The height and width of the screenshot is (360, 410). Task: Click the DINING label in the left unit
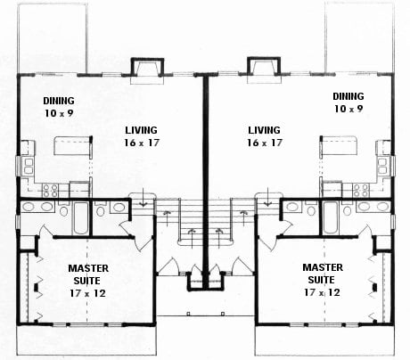59,101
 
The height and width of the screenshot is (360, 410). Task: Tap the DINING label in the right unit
348,96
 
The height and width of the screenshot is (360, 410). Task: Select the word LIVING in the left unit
141,130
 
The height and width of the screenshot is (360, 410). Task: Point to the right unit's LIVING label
264,130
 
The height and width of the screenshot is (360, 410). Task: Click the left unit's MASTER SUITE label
88,274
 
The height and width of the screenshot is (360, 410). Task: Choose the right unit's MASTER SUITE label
323,274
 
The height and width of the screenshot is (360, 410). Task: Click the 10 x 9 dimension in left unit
59,113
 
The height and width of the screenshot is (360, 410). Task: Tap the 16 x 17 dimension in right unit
265,143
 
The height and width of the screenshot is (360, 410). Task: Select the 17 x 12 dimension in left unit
87,293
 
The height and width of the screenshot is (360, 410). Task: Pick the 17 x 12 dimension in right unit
322,292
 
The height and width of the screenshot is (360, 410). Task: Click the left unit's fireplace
147,70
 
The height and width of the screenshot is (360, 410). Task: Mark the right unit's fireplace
264,70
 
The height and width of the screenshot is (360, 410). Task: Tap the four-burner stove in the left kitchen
50,191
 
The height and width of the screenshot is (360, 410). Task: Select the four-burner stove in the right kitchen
361,191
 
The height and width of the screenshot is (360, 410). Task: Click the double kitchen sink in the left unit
29,166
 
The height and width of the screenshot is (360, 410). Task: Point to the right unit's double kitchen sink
382,166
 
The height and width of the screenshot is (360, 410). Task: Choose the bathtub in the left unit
81,218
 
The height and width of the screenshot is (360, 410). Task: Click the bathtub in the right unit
330,218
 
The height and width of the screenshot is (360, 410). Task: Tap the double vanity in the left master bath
37,207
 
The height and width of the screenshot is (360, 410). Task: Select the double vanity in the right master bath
373,207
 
